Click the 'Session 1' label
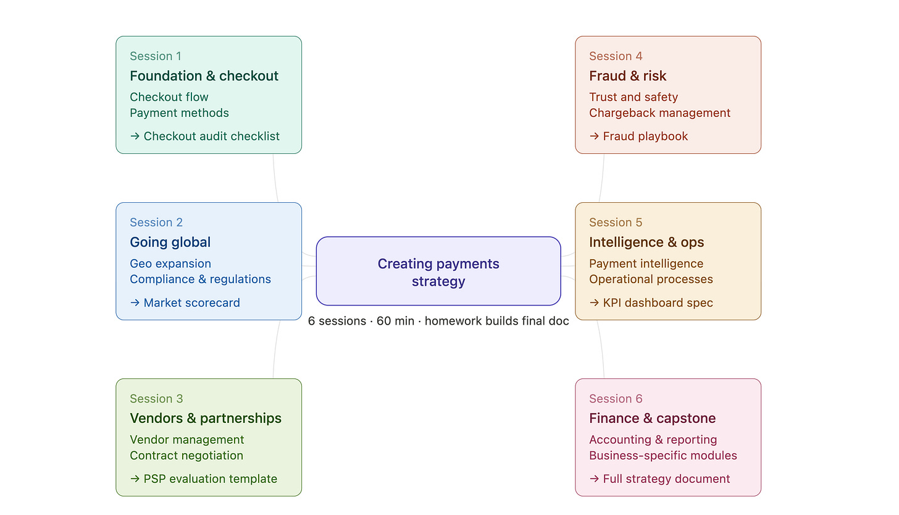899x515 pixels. (x=156, y=56)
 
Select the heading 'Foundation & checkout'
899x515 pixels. (x=204, y=76)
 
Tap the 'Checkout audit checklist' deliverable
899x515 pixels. (x=211, y=136)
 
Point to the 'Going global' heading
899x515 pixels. (x=170, y=242)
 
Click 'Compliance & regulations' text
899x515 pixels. (x=200, y=279)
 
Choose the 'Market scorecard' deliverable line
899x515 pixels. (x=191, y=303)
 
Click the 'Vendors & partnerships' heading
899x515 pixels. (x=206, y=419)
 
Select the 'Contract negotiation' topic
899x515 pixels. (x=186, y=456)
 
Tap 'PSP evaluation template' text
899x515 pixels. (x=210, y=479)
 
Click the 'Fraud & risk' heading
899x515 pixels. (x=627, y=76)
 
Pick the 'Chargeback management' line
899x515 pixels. (x=659, y=113)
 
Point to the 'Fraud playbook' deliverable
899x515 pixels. (x=645, y=136)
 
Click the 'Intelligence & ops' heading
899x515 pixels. (x=646, y=242)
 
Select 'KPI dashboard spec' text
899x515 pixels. (x=658, y=303)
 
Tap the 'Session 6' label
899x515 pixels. (x=616, y=399)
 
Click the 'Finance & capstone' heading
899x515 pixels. (x=652, y=419)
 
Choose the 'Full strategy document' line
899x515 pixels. (x=666, y=479)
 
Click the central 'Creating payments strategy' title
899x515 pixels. (x=438, y=272)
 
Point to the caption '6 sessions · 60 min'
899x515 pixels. (x=361, y=321)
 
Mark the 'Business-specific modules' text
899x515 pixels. (x=663, y=456)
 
